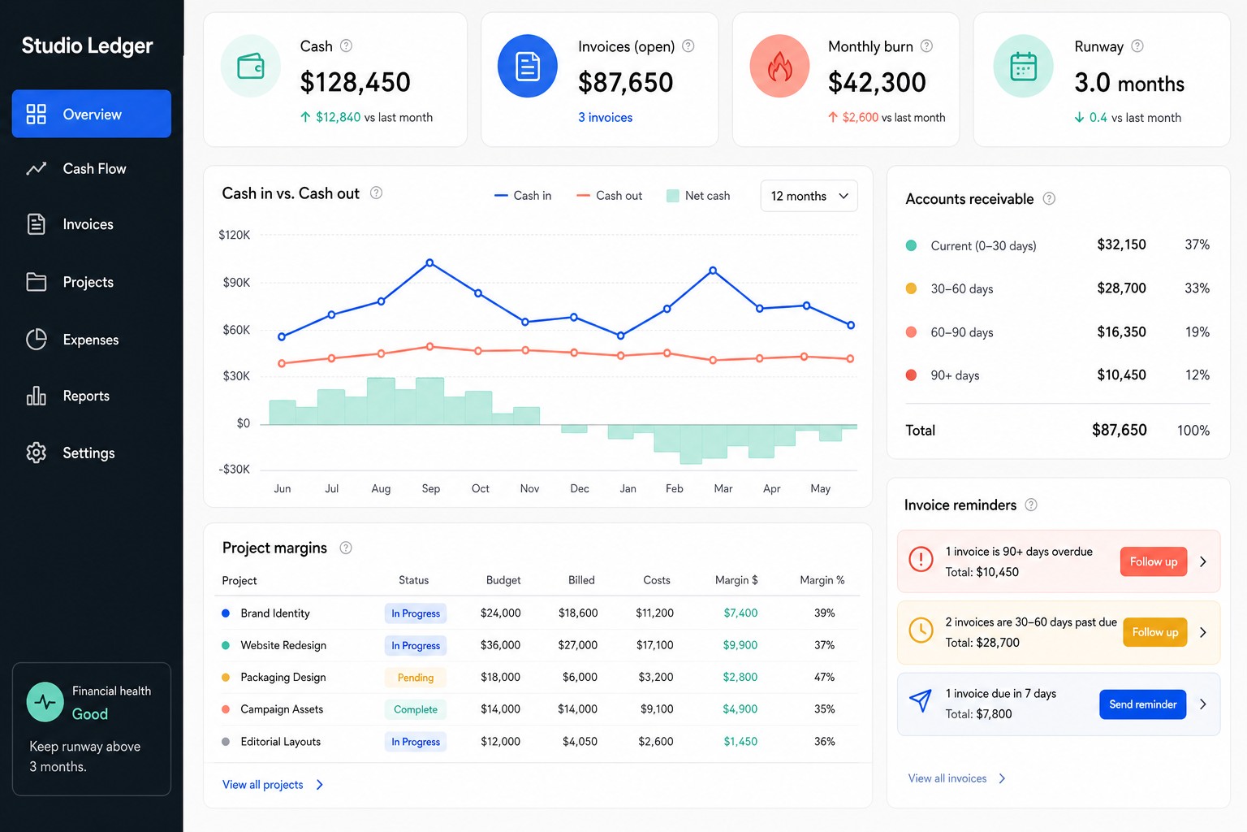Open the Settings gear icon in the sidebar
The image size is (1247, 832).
[x=37, y=453]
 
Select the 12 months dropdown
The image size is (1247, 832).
[x=809, y=196]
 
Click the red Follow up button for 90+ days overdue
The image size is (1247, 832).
[x=1153, y=561]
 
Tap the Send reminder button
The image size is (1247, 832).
[x=1142, y=704]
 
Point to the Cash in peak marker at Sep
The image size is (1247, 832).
[x=429, y=262]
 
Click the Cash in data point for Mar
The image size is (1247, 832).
[x=713, y=271]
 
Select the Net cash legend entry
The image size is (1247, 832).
[x=698, y=196]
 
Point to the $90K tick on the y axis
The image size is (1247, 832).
[x=236, y=283]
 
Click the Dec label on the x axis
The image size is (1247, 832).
[x=580, y=489]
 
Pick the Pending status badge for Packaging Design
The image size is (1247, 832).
[x=416, y=677]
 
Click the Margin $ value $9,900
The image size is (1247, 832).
[x=740, y=645]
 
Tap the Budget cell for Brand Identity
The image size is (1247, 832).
[x=500, y=613]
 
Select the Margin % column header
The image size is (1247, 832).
[x=822, y=580]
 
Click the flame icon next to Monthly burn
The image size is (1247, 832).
[x=779, y=67]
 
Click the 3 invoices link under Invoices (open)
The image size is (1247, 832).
[x=605, y=118]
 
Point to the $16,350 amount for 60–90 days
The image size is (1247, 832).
[x=1121, y=332]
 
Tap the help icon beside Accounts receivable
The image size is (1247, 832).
[x=1049, y=199]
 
